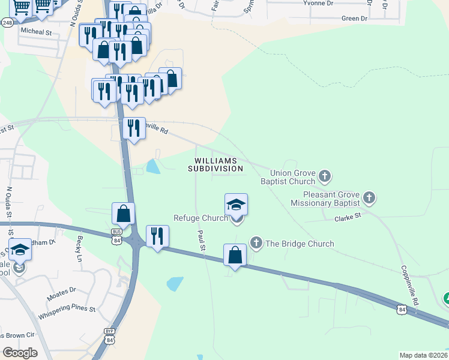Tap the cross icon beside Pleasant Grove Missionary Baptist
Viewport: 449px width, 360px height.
coord(369,197)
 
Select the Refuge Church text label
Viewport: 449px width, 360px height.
coord(200,218)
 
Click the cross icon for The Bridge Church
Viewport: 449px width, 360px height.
coord(256,243)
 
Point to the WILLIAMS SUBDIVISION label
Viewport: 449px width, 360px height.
coord(215,165)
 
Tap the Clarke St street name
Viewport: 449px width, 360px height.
coord(348,215)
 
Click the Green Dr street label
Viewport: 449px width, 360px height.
coord(354,19)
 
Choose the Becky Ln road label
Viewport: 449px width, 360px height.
coord(79,248)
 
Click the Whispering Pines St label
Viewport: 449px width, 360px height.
coord(67,309)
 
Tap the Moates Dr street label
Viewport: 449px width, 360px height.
coord(63,290)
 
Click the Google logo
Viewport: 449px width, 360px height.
coord(20,352)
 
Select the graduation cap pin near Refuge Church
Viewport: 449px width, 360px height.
coord(236,205)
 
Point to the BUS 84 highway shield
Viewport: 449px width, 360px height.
coord(117,235)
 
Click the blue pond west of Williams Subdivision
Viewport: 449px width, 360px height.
coord(153,166)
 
